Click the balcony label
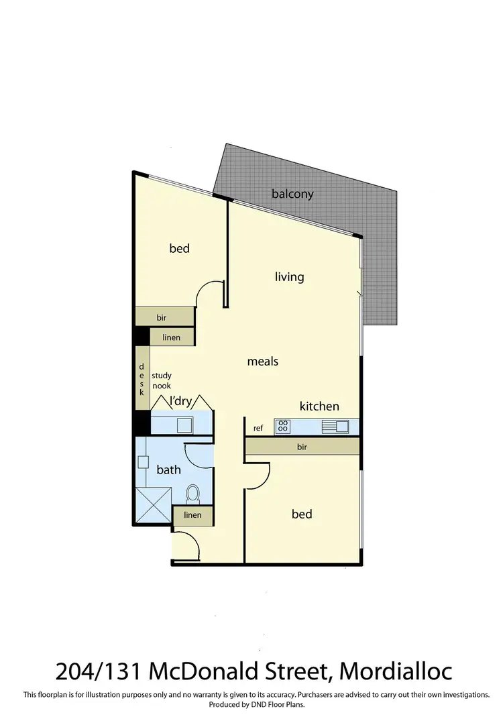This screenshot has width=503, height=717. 292,195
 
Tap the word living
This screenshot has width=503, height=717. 289,276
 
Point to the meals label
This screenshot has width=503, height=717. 262,361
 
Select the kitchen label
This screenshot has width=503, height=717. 319,406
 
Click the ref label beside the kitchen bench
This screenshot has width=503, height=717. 258,428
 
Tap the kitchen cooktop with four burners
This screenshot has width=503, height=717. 282,426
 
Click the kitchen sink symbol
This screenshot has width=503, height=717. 335,426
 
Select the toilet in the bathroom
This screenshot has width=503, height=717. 192,495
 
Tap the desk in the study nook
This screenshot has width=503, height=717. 142,378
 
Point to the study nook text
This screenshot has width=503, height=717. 161,381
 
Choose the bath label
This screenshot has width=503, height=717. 168,470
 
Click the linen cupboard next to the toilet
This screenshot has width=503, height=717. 192,515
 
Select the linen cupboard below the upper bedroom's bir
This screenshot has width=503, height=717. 172,337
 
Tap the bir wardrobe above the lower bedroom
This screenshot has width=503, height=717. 302,446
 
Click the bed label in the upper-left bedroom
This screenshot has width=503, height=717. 179,248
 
